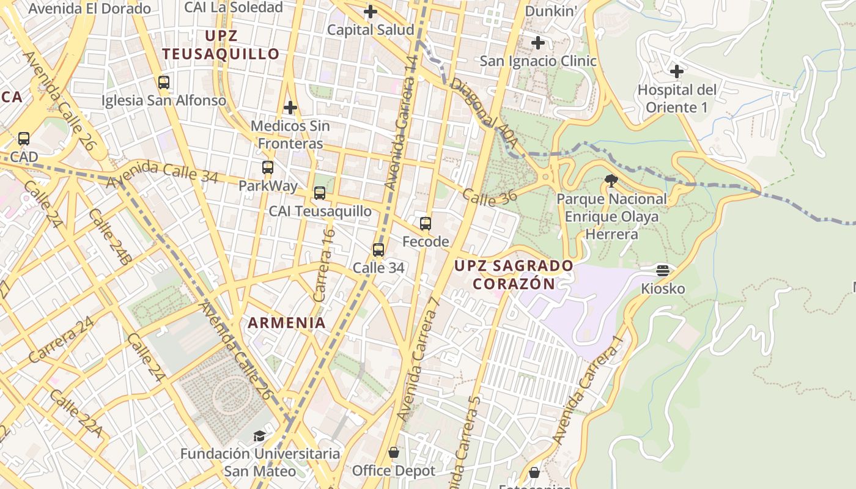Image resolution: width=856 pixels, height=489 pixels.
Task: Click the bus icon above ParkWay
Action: click(x=267, y=167)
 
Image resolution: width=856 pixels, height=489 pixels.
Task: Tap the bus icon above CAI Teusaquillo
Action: click(x=319, y=193)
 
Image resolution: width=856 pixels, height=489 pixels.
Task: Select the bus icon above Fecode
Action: click(x=426, y=224)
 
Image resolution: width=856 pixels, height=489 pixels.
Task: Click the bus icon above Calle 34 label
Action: click(x=378, y=249)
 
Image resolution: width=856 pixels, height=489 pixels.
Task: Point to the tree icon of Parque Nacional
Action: click(x=610, y=181)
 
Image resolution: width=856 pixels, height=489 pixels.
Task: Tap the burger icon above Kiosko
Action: click(x=663, y=270)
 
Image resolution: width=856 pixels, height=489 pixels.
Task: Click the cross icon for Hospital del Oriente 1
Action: click(x=676, y=72)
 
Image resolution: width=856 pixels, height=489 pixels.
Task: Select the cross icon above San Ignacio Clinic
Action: click(x=537, y=43)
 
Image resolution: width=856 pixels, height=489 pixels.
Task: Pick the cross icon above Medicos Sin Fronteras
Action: click(x=290, y=108)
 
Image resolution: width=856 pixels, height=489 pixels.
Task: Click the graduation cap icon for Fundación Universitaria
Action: click(x=260, y=436)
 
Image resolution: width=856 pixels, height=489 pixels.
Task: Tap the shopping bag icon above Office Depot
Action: click(x=394, y=452)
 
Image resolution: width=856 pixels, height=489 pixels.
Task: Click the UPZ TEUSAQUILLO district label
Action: click(x=221, y=45)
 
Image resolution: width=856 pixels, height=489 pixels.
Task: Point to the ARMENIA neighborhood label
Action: click(x=286, y=323)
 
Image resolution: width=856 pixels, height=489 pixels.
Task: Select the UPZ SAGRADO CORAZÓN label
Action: click(x=514, y=274)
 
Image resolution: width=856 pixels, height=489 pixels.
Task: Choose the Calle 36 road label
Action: click(x=490, y=196)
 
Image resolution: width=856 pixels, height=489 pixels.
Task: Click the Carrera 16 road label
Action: click(x=324, y=264)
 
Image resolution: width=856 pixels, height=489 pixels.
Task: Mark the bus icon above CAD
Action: click(x=23, y=139)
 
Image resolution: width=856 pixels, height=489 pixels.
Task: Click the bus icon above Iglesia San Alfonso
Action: click(x=163, y=82)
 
